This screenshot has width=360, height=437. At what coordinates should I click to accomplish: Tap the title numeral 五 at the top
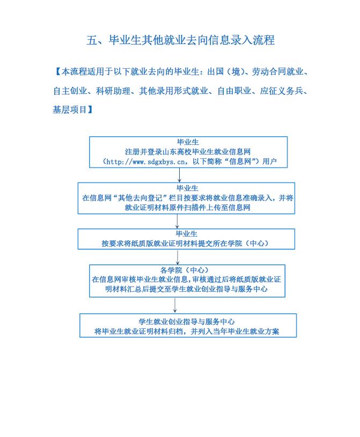point(92,40)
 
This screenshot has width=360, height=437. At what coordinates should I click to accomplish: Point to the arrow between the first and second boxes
point(179,175)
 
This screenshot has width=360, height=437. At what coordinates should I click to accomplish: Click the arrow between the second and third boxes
point(177,221)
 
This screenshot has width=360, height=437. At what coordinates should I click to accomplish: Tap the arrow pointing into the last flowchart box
point(175,305)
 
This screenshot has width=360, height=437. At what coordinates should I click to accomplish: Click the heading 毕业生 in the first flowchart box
point(187,142)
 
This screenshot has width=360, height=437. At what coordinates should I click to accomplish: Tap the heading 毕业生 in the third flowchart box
point(186,234)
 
